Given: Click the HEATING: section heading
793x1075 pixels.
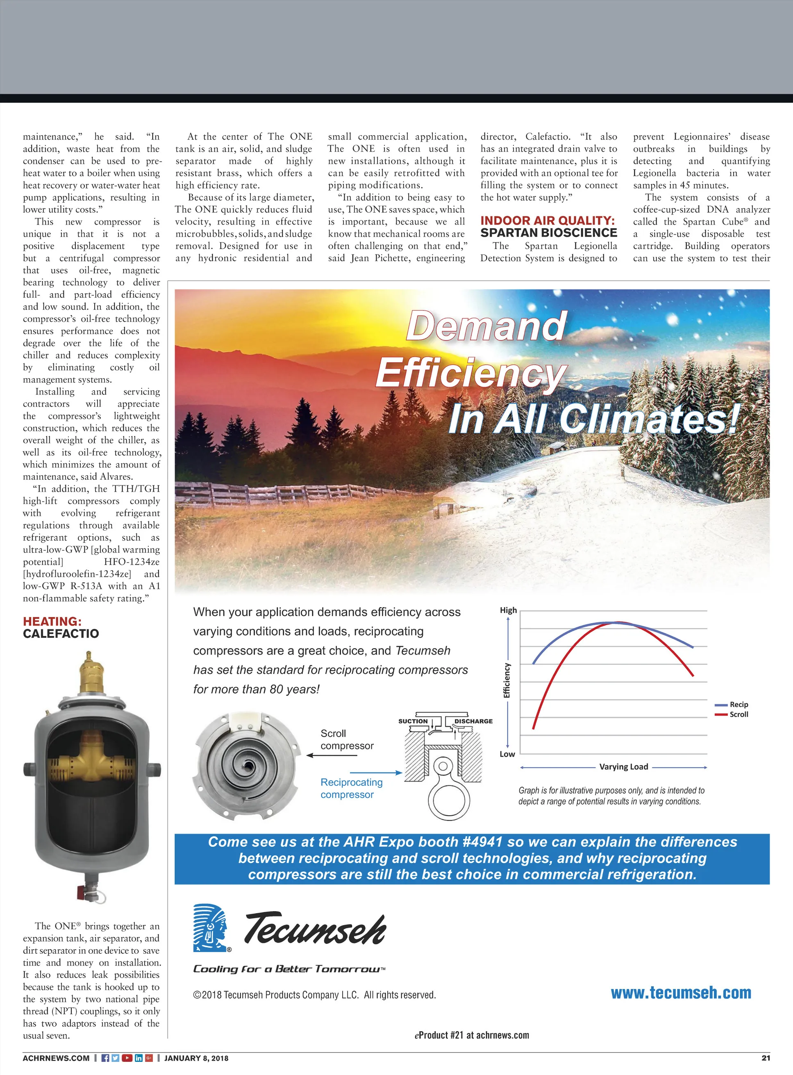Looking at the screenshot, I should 52,621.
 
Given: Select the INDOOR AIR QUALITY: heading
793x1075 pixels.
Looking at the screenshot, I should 547,220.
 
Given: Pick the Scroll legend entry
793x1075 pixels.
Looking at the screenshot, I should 738,714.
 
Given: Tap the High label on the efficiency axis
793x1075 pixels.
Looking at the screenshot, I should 508,610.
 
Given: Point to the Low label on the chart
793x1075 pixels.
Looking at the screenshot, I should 507,754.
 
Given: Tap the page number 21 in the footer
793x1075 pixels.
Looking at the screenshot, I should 766,1058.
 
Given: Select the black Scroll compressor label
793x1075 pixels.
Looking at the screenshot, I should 347,739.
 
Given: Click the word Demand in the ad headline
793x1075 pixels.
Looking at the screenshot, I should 487,326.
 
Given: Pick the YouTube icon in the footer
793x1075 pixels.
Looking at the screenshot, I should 127,1058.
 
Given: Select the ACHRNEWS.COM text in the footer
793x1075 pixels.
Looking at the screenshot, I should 56,1058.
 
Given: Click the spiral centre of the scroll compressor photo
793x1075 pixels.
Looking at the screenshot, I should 248,764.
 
